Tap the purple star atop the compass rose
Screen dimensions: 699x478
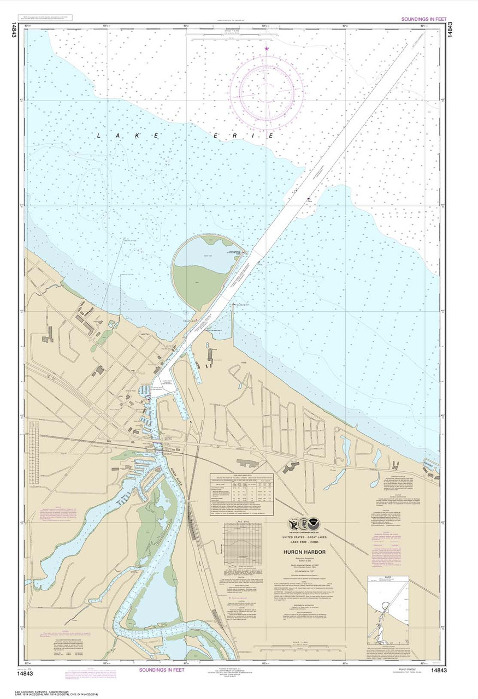point(267,49)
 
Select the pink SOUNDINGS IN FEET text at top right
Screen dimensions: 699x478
point(424,19)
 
